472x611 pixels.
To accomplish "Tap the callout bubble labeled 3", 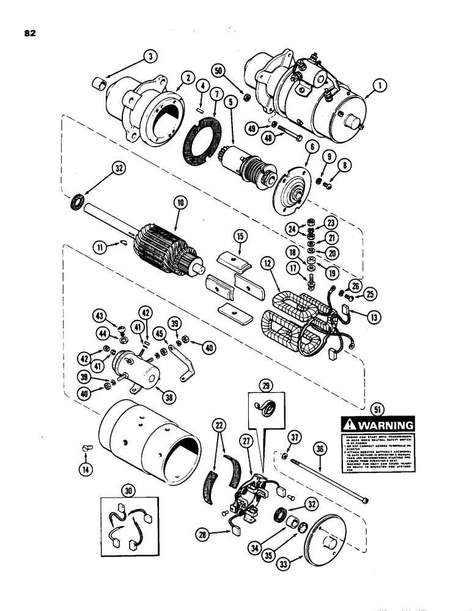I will [x=149, y=57].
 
